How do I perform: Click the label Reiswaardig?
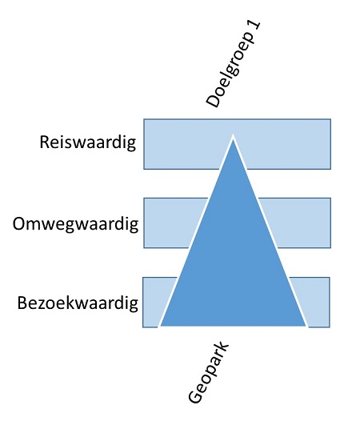88,142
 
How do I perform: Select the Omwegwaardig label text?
75,225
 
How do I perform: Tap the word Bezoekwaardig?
78,303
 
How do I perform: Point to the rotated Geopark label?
209,372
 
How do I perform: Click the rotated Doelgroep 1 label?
234,64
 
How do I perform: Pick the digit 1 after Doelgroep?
254,28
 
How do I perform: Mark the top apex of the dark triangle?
233,135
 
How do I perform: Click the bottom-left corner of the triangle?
159,327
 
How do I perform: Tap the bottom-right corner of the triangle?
307,327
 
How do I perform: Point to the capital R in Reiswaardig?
45,142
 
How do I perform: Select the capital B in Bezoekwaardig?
22,303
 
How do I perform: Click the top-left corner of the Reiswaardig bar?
144,119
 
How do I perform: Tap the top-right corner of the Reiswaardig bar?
330,119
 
